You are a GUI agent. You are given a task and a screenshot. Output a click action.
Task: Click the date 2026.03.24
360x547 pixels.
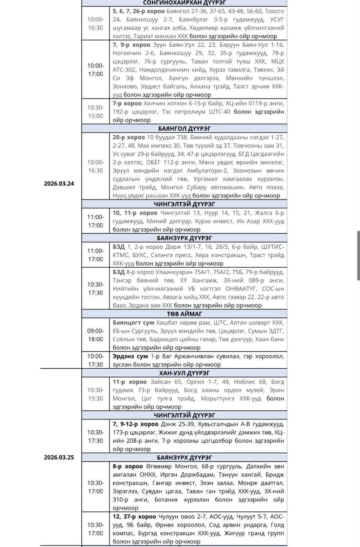(x=59, y=184)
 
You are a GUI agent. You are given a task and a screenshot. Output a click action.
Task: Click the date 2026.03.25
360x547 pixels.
(x=59, y=457)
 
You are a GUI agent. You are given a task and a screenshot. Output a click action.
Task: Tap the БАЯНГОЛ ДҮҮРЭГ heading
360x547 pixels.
(x=184, y=129)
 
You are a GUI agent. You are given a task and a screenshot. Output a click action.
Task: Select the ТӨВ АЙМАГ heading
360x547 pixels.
(x=184, y=314)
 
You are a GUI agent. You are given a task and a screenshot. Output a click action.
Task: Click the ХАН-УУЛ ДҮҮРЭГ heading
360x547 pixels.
(x=184, y=373)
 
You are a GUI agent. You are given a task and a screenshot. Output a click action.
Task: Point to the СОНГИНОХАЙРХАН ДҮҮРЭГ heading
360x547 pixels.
(x=184, y=3)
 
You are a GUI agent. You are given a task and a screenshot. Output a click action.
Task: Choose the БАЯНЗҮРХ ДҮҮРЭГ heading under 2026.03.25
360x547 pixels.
(x=184, y=458)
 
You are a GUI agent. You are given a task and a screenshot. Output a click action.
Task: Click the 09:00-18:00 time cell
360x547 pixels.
(x=95, y=335)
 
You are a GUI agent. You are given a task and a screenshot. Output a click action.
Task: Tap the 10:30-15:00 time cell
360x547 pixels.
(x=95, y=112)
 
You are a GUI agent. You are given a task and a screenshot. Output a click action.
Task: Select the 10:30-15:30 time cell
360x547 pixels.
(x=95, y=394)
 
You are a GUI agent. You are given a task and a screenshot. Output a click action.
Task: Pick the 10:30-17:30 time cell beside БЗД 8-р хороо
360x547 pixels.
(x=95, y=288)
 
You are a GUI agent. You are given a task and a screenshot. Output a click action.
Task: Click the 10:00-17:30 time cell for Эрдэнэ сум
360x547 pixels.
(x=95, y=360)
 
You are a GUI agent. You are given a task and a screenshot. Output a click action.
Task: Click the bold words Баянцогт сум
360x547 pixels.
(x=133, y=323)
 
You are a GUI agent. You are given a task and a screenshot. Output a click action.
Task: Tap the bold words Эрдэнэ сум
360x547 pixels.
(x=130, y=356)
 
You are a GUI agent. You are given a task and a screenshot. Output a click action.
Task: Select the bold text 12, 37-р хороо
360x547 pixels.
(x=134, y=517)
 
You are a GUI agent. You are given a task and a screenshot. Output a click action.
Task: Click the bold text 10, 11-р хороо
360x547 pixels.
(x=135, y=213)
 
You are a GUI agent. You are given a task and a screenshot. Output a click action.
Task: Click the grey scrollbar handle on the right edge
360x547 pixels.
(x=359, y=255)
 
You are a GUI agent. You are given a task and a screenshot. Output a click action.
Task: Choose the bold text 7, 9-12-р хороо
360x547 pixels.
(x=135, y=424)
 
